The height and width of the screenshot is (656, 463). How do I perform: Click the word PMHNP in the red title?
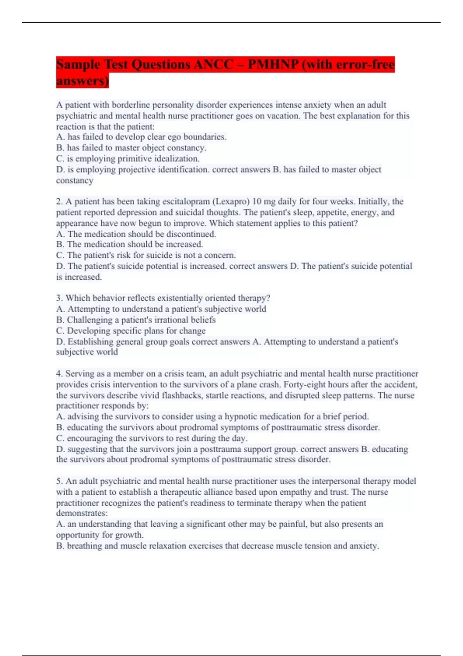pyautogui.click(x=273, y=64)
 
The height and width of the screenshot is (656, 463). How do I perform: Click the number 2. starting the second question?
pyautogui.click(x=59, y=201)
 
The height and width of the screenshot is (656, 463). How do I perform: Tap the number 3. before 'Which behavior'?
pyautogui.click(x=59, y=298)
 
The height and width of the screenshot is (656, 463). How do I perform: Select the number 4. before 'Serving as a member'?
pyautogui.click(x=59, y=374)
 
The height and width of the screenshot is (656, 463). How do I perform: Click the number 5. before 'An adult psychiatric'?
pyautogui.click(x=59, y=481)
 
